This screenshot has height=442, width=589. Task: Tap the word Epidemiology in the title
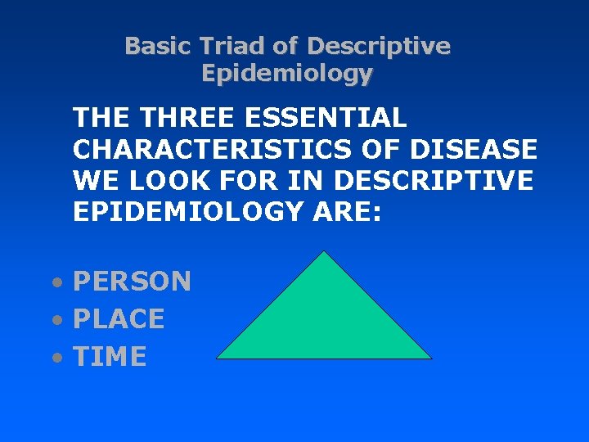pos(286,74)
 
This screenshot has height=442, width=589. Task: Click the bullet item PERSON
pos(132,282)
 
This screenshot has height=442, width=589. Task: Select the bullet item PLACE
pos(119,319)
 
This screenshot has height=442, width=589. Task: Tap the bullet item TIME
pos(110,357)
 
